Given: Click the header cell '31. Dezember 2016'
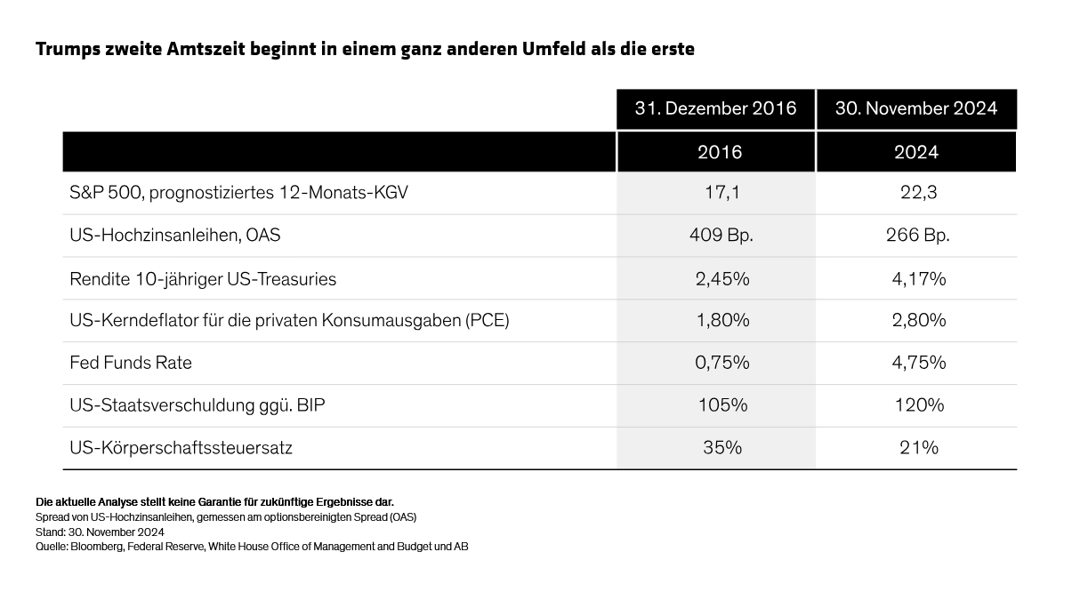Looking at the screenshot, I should [715, 108].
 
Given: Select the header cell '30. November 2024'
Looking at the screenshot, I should [915, 108].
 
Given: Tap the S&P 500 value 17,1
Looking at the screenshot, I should [721, 193].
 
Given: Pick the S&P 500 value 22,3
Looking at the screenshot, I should [918, 193].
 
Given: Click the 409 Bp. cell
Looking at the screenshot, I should [721, 236].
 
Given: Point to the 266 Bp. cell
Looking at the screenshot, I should [918, 236].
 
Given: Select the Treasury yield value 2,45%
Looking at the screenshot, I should [721, 278].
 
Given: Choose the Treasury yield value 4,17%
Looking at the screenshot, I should [918, 278].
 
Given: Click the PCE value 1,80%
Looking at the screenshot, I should [721, 320].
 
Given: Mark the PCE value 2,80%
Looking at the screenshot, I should [918, 320].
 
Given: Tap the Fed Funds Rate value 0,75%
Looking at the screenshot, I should [721, 363].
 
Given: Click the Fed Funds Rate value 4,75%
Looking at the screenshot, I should [918, 363].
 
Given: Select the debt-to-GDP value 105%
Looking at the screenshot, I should [721, 405].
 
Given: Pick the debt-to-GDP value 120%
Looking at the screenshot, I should [918, 405].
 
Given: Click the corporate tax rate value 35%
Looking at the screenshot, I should [721, 448].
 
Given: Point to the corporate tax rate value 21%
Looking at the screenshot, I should [918, 448].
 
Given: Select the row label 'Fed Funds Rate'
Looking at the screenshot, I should [131, 363].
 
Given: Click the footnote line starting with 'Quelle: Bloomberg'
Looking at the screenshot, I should [252, 547].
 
